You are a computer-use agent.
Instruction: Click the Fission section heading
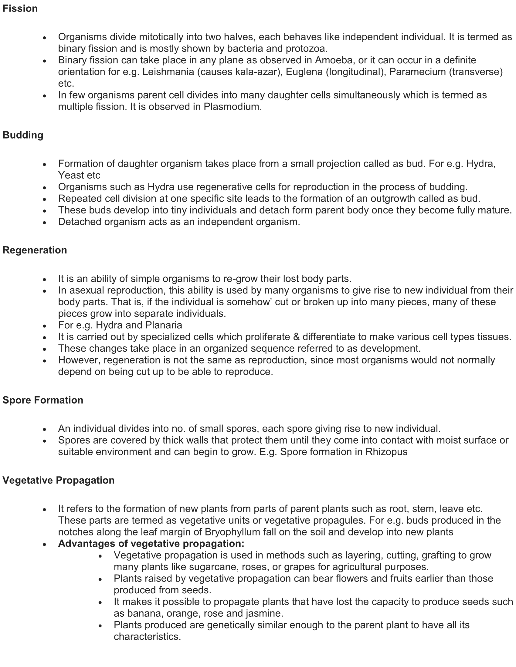[x=20, y=8]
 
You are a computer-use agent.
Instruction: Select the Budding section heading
[x=23, y=135]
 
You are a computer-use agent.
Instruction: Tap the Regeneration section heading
[x=35, y=250]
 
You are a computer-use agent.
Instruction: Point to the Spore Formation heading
[x=43, y=400]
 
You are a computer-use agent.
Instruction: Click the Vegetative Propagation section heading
[x=58, y=480]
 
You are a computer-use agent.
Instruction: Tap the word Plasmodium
[x=232, y=107]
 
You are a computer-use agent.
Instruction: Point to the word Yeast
[x=71, y=175]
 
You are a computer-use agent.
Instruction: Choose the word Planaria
[x=164, y=325]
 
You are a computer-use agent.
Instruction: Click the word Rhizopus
[x=386, y=452]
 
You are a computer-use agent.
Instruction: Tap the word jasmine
[x=264, y=613]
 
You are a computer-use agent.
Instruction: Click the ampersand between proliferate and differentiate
[x=296, y=337]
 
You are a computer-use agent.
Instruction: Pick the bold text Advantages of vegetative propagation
[x=151, y=544]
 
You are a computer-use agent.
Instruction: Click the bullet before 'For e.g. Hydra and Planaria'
[x=45, y=326]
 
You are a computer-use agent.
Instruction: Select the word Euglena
[x=303, y=72]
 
